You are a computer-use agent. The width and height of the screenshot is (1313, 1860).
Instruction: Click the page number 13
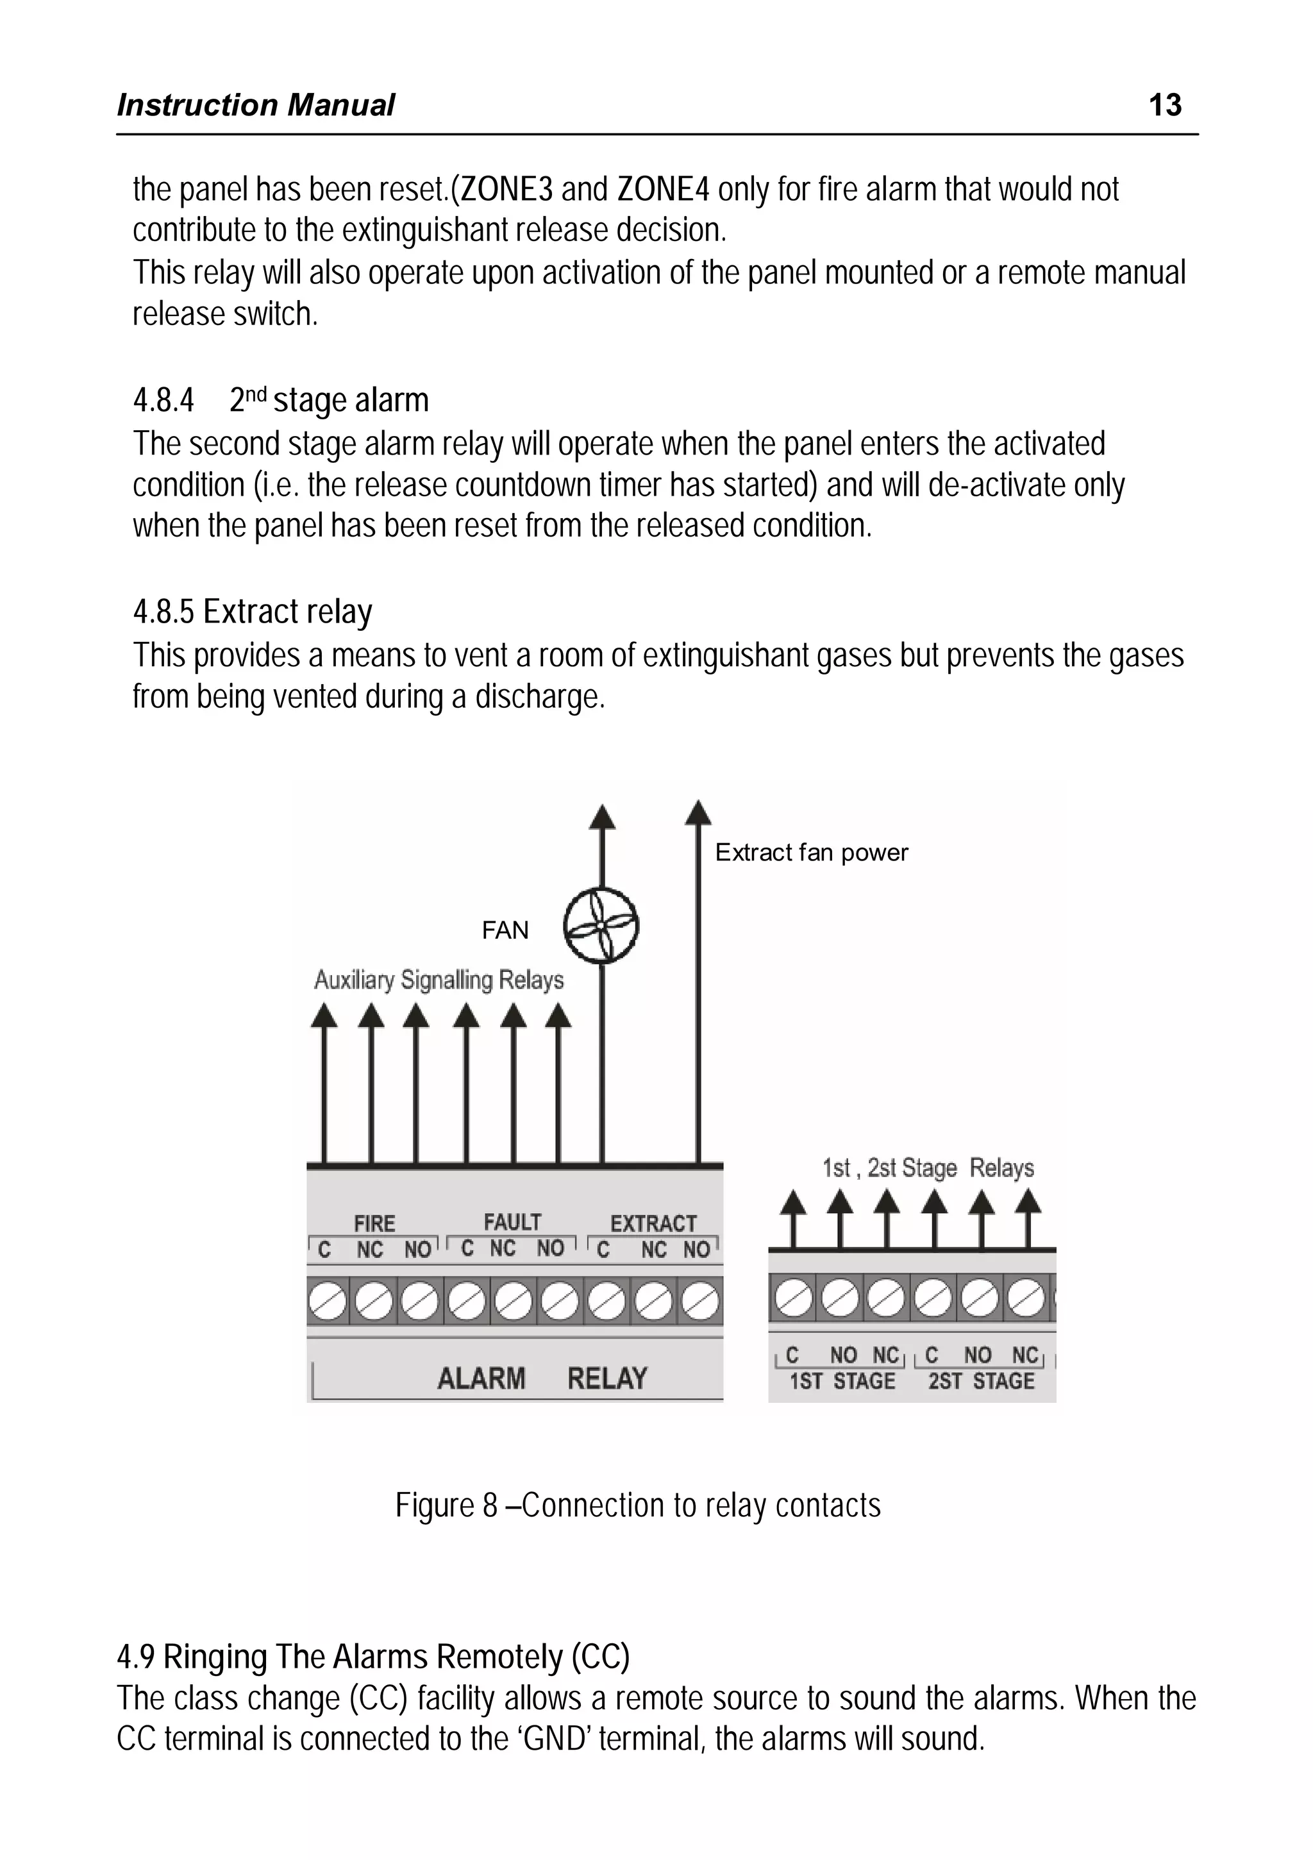[x=1165, y=105]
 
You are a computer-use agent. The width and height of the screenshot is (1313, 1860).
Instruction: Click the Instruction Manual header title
[x=256, y=105]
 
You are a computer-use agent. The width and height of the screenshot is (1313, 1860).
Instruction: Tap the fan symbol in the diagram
[x=601, y=926]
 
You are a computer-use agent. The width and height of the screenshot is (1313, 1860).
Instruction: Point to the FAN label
[x=505, y=930]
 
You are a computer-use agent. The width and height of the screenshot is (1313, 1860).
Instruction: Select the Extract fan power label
[x=811, y=852]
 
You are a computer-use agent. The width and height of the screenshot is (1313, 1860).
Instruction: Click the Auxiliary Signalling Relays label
[x=439, y=980]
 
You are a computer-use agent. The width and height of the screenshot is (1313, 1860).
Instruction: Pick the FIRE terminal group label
[x=374, y=1223]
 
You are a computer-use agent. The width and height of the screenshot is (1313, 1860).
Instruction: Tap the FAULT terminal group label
[x=512, y=1221]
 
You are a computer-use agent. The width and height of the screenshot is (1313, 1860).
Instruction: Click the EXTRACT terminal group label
[x=653, y=1223]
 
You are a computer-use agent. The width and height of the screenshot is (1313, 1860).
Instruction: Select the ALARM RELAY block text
[x=542, y=1378]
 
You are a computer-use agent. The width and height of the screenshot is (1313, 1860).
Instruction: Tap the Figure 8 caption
[x=637, y=1505]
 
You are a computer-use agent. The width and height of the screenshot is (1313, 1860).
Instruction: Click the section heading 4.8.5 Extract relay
[x=253, y=612]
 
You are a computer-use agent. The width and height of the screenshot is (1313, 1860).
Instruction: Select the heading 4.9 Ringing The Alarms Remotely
[x=373, y=1657]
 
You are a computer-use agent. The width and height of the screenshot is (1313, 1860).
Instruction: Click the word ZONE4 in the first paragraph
[x=662, y=190]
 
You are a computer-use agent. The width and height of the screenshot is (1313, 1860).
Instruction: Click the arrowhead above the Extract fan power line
[x=698, y=812]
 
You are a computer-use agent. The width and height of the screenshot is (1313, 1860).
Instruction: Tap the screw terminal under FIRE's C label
[x=327, y=1303]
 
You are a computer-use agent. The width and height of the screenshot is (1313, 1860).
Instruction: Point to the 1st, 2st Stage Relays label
[x=928, y=1168]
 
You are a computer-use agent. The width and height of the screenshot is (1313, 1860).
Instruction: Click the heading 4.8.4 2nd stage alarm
[x=280, y=400]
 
